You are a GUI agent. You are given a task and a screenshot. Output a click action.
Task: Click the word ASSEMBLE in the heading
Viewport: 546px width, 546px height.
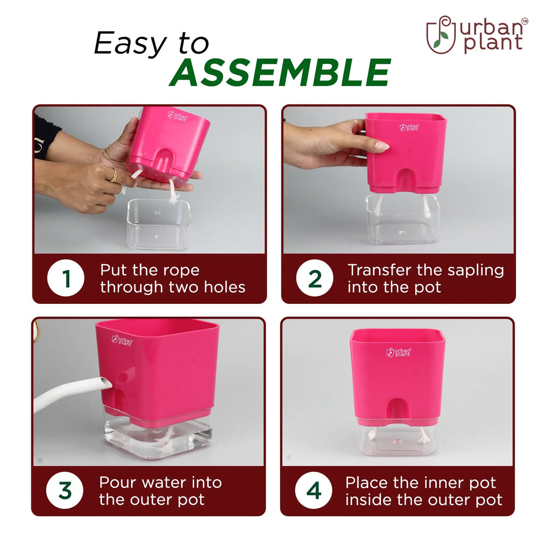click(280, 72)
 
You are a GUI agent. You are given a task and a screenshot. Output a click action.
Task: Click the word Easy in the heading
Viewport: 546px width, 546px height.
click(131, 43)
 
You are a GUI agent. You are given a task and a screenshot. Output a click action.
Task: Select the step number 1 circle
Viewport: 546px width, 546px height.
click(66, 278)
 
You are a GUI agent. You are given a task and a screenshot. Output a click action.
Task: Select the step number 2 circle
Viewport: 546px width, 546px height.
click(315, 278)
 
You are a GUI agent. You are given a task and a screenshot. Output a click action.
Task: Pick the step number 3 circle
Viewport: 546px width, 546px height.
click(65, 491)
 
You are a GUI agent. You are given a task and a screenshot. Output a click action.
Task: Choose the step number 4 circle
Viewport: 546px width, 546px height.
click(314, 491)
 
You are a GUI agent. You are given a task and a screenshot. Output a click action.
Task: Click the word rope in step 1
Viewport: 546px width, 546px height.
click(181, 271)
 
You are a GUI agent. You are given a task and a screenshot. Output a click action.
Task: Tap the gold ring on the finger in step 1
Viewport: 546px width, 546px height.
click(114, 175)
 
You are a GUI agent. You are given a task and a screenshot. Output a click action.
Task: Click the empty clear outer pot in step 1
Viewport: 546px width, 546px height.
click(159, 224)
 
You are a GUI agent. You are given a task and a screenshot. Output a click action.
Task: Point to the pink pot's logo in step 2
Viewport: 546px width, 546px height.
click(409, 127)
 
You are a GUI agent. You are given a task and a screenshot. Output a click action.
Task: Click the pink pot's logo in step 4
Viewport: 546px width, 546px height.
click(399, 352)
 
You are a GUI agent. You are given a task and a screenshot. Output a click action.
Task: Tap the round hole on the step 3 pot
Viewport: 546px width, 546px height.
click(122, 378)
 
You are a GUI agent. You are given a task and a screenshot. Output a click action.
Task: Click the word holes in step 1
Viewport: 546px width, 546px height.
click(224, 287)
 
